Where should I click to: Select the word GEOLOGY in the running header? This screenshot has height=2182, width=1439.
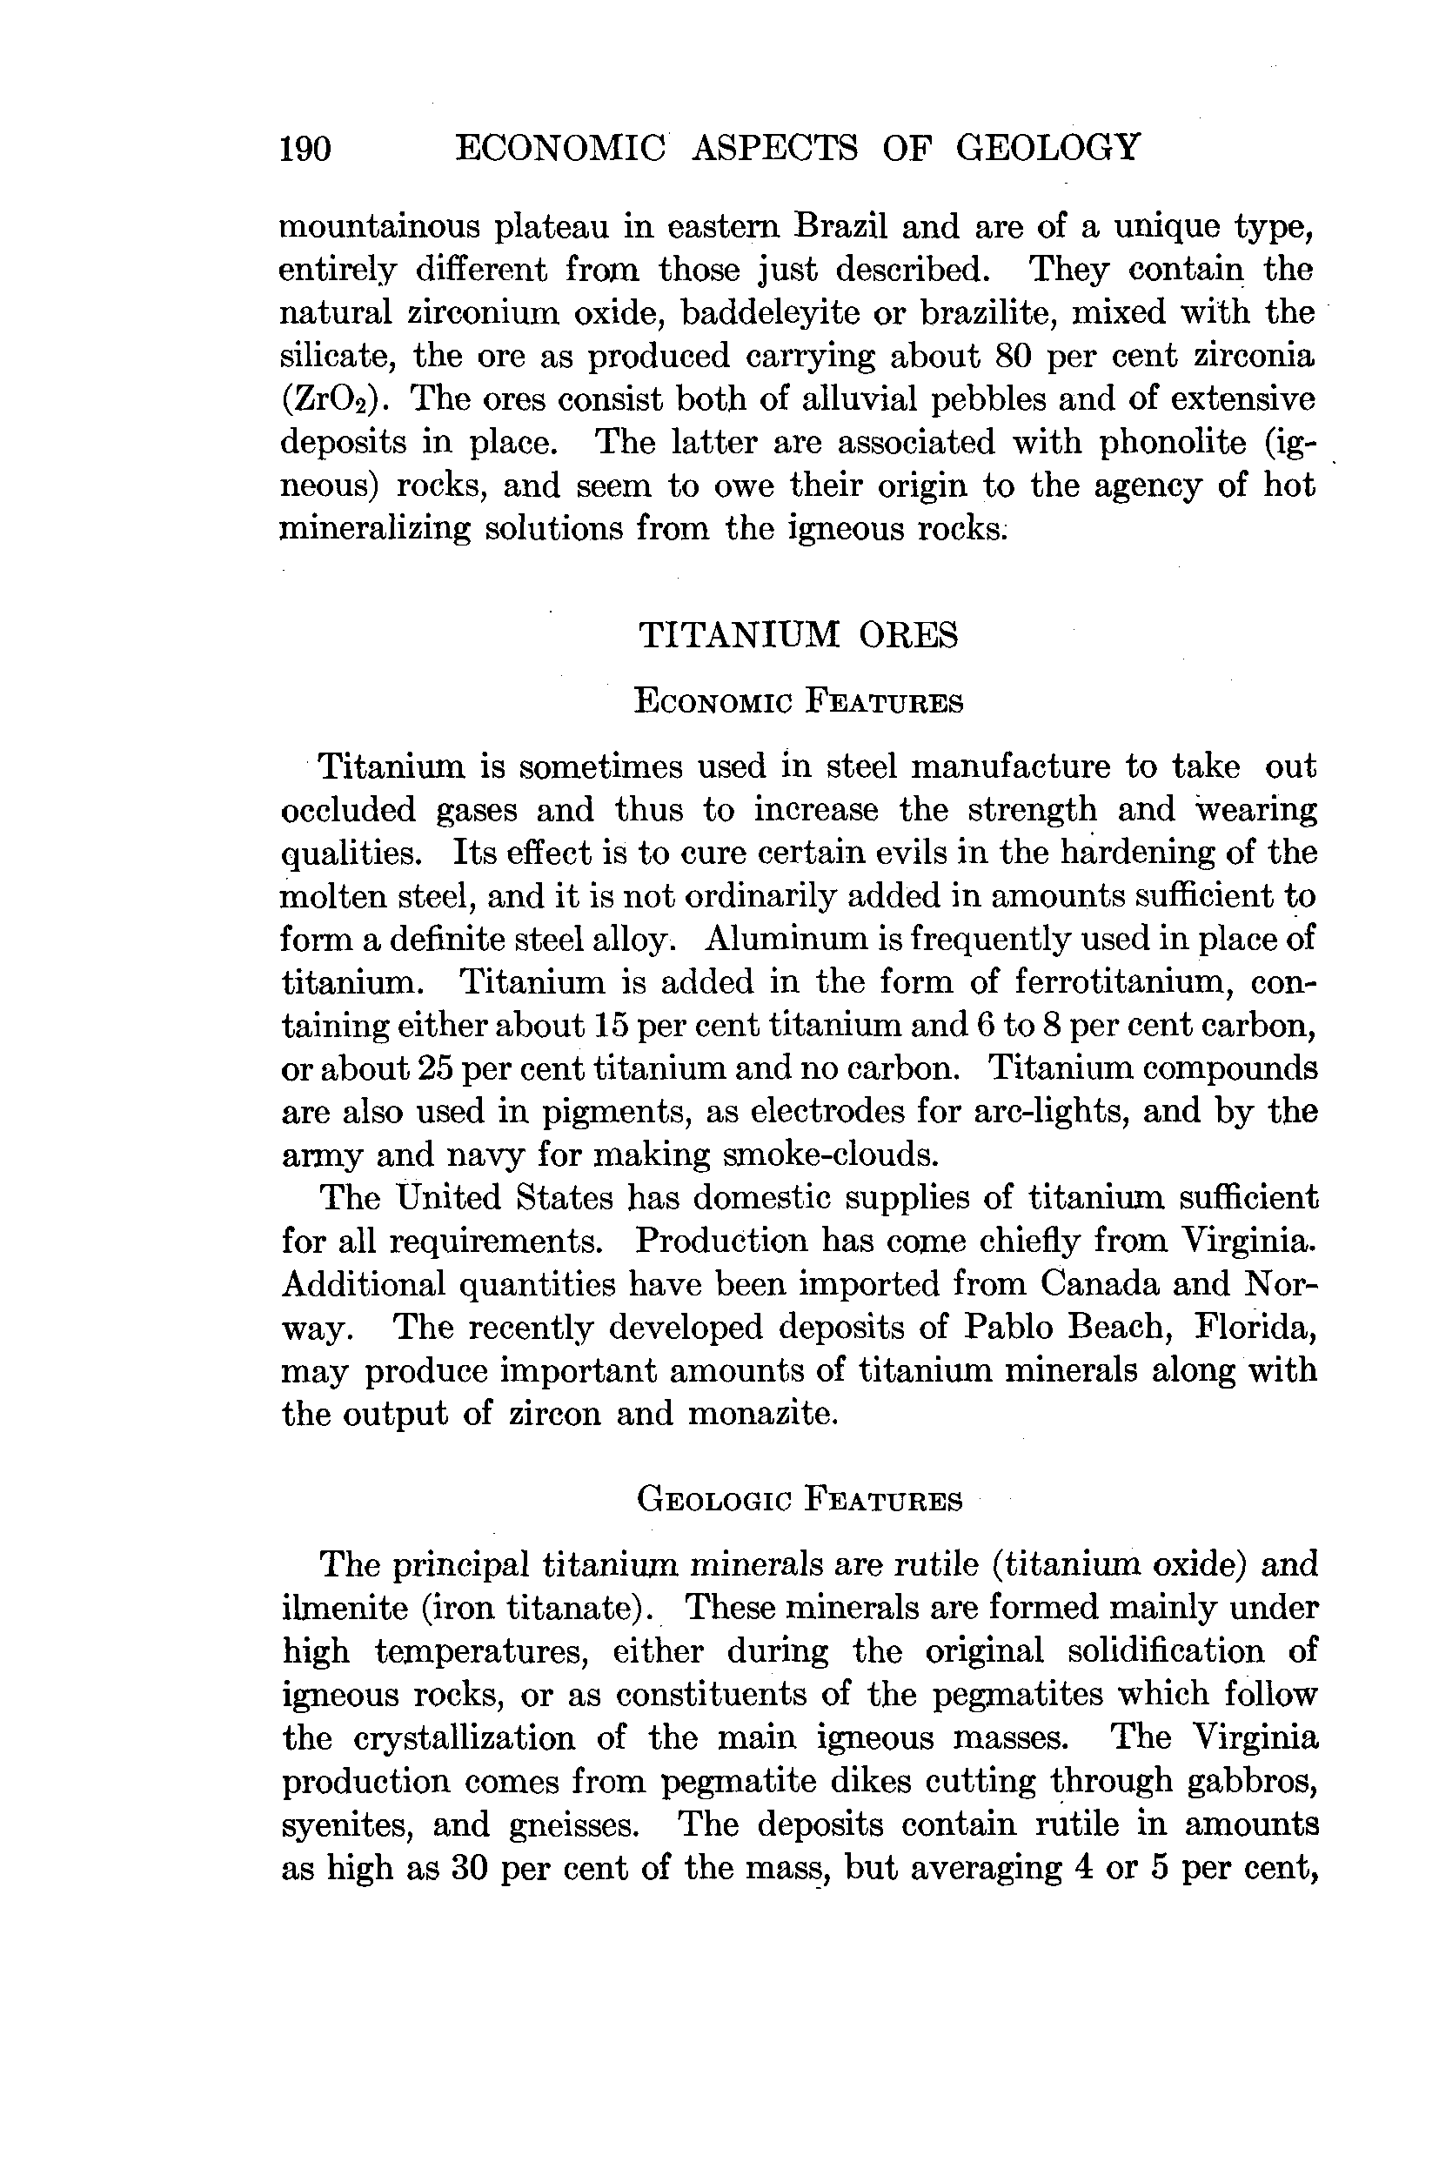[x=1048, y=147]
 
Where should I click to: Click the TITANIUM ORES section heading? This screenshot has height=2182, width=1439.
[x=798, y=635]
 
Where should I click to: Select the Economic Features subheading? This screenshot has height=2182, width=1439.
[x=798, y=703]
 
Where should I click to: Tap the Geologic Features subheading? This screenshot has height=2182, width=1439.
[x=799, y=1500]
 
